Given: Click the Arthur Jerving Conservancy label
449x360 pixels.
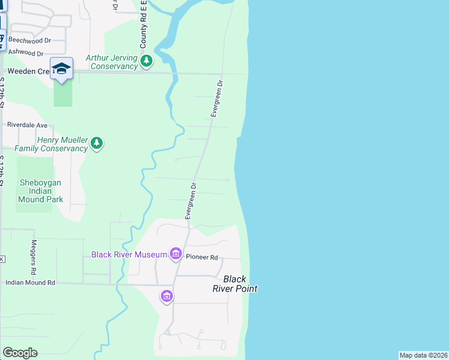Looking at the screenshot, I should click(112, 62).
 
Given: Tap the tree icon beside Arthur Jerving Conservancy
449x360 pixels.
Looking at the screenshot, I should click(146, 61).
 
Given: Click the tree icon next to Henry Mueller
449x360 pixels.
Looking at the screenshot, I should click(97, 143).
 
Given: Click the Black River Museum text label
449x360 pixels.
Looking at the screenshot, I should click(128, 254).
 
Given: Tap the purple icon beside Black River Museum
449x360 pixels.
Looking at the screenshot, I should click(176, 254).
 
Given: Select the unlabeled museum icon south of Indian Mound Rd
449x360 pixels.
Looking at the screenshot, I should click(167, 296).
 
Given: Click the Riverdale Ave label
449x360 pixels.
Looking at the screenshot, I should click(27, 125).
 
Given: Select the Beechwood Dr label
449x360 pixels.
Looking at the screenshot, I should click(29, 40).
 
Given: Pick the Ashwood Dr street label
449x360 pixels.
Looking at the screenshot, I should click(26, 52).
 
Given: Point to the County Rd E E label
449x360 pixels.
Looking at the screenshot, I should click(144, 25).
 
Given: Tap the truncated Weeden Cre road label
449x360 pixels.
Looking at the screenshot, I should click(24, 71).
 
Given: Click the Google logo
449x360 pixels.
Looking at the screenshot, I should click(20, 352).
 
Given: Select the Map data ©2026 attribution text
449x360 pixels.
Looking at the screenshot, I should click(423, 355).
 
